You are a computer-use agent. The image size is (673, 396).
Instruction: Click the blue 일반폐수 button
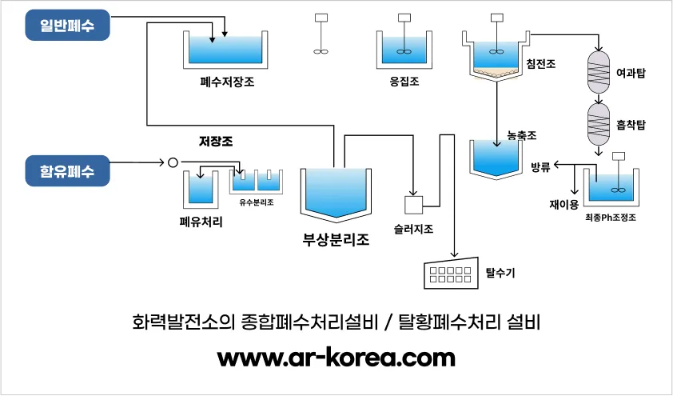click(66, 26)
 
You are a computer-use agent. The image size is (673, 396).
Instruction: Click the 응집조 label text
click(404, 82)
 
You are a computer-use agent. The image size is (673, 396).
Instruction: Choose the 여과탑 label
click(631, 73)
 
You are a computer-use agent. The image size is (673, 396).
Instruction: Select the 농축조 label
click(521, 136)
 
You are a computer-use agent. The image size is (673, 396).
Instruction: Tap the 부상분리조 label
click(336, 239)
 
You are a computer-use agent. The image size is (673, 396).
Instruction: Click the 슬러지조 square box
click(416, 205)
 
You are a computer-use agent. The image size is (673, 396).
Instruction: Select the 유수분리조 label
click(257, 202)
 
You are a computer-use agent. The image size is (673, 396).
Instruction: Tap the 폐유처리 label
click(201, 222)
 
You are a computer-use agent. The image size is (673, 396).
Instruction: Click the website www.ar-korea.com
click(336, 357)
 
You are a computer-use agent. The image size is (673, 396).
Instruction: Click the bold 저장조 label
click(221, 142)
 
